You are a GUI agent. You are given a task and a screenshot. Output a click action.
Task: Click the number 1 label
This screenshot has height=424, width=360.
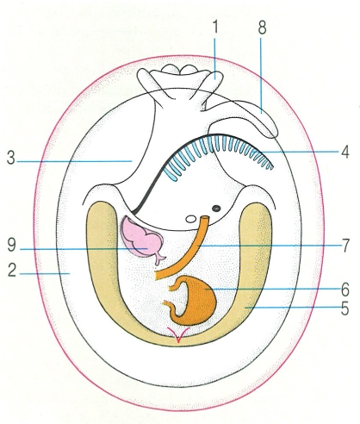click(x=215, y=27)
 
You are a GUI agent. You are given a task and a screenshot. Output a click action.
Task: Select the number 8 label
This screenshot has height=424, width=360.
click(x=262, y=28)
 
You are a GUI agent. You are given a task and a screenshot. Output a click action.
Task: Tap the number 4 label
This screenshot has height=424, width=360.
click(x=344, y=152)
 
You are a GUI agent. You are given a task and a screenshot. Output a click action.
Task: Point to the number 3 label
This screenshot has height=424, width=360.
click(x=11, y=158)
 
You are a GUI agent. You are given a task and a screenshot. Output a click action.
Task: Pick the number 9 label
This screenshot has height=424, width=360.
click(x=12, y=246)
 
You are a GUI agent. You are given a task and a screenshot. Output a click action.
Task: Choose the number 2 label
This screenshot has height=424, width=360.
click(x=12, y=271)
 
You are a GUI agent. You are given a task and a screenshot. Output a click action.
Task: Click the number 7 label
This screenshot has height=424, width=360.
click(x=345, y=246)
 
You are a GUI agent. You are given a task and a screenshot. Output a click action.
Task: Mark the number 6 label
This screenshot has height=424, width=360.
click(x=345, y=290)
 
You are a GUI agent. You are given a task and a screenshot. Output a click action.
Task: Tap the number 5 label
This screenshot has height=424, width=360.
click(x=345, y=309)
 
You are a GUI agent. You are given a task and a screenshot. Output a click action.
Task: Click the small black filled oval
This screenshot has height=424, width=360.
click(x=216, y=208)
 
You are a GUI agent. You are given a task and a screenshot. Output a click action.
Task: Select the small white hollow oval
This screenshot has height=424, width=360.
click(x=190, y=219)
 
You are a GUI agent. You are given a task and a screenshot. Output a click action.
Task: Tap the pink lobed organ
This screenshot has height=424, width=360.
click(x=141, y=239)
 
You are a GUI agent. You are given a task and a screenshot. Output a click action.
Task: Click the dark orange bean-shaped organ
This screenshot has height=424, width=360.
click(x=196, y=300)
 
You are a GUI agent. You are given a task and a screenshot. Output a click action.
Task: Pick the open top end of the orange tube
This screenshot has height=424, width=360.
click(x=205, y=218)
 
